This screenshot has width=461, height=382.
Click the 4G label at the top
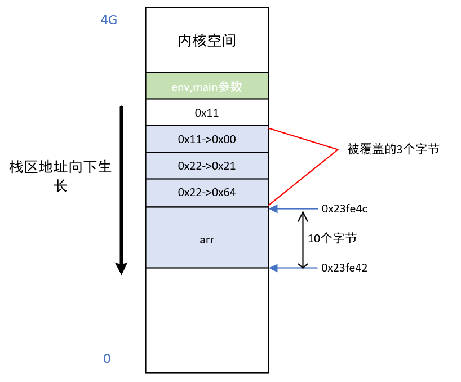tap(109, 20)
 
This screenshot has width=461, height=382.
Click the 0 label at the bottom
tap(107, 358)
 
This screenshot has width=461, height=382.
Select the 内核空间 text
tap(206, 41)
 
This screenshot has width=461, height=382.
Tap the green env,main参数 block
tap(206, 86)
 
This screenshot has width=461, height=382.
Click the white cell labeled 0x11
tap(206, 113)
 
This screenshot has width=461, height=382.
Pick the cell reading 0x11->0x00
tap(206, 139)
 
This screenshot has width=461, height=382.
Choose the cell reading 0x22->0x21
tap(206, 166)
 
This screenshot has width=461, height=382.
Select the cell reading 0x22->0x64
tap(206, 193)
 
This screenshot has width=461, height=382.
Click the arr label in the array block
tap(206, 239)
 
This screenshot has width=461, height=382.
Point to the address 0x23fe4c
tap(344, 208)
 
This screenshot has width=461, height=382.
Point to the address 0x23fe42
tap(344, 268)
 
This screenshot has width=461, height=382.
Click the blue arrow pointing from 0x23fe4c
tap(293, 208)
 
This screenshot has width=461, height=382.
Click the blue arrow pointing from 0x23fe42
tap(293, 268)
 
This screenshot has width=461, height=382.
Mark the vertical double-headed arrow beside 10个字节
tap(303, 239)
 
